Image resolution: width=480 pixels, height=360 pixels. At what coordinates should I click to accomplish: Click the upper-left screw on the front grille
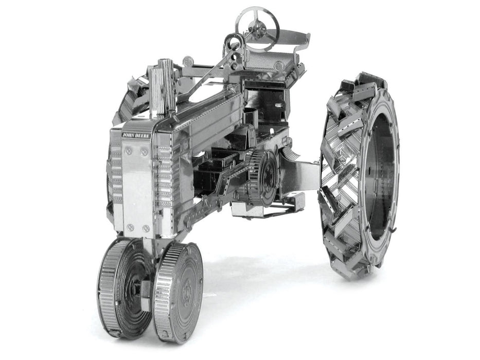[128, 151]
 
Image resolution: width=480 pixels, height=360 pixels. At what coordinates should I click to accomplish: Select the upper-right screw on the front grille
[144, 152]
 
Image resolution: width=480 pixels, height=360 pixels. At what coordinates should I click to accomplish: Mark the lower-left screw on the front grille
[131, 227]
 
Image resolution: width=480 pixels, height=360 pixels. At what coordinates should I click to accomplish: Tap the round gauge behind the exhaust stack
[188, 61]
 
